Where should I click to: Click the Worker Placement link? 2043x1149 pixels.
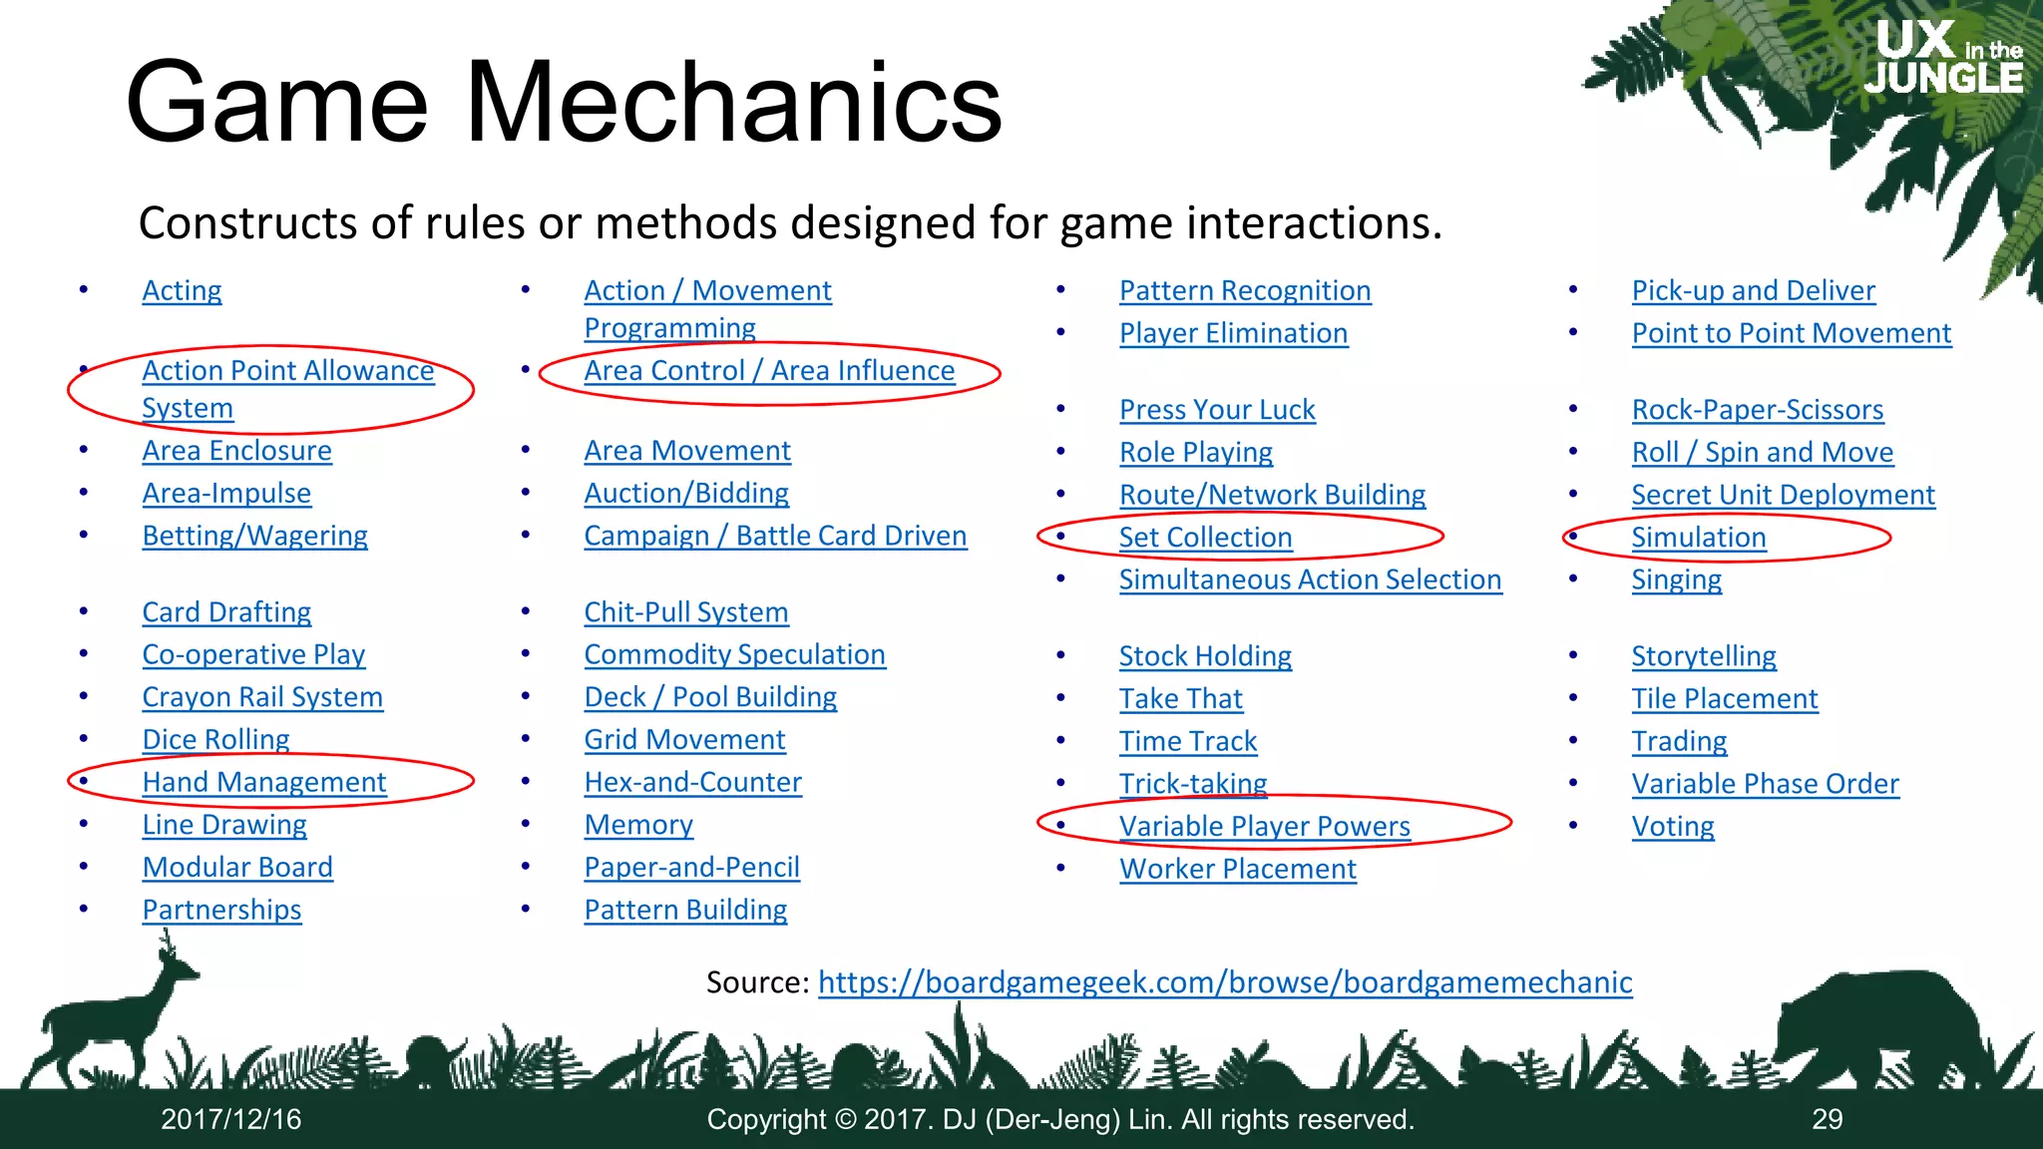click(1237, 869)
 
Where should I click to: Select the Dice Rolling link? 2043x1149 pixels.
click(215, 739)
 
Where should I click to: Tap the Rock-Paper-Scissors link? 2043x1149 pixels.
click(1757, 409)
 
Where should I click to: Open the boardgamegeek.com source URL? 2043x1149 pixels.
click(1224, 982)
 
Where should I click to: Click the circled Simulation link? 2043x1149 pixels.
click(1698, 538)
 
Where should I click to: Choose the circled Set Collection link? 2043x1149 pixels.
click(1205, 538)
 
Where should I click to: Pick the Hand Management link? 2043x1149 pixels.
click(263, 782)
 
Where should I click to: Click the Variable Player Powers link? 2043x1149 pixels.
click(1264, 826)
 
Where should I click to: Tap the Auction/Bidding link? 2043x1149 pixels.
click(686, 493)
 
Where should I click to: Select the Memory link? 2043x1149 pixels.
click(638, 825)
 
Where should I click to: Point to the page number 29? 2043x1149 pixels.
click(1827, 1119)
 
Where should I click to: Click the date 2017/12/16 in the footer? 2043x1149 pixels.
click(231, 1119)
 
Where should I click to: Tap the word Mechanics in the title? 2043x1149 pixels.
click(733, 103)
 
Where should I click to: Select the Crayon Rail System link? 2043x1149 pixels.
click(262, 697)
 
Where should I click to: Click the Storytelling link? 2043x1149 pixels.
click(1703, 656)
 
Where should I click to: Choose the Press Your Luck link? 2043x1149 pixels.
click(1217, 410)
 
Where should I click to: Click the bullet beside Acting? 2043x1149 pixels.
click(84, 290)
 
